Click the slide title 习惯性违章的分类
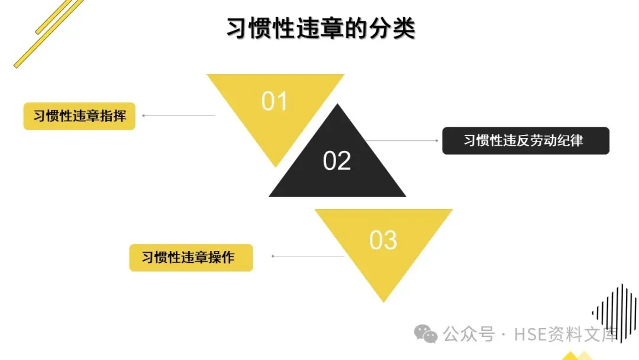coord(321,28)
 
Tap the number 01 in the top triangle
coord(274,101)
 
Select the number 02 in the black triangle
coord(337,161)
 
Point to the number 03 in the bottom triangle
coord(383,240)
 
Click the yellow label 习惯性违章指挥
coord(79,115)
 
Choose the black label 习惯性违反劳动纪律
coord(525,140)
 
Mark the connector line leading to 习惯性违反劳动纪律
coord(402,140)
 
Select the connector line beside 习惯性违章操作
coord(308,256)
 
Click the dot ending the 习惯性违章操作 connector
coord(273,256)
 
